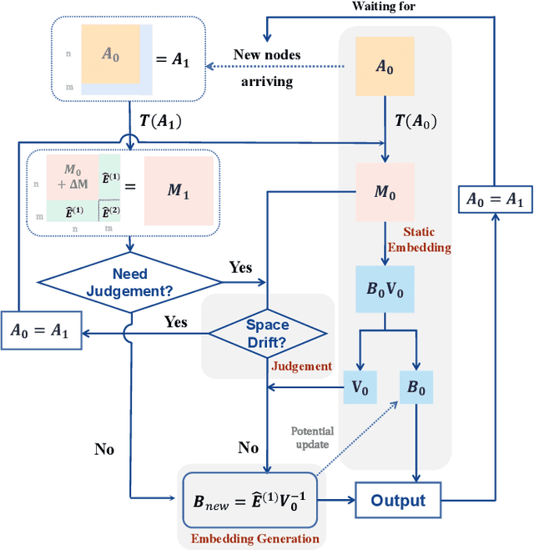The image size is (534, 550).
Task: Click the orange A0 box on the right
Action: pos(384,67)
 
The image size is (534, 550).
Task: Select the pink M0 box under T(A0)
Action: pos(384,192)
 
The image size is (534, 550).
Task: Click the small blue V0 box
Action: pos(360,386)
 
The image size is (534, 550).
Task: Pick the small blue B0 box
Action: pos(415,386)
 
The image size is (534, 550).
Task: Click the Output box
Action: pos(398,501)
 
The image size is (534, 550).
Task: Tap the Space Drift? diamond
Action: pos(266,333)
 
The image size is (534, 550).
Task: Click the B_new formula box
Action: pos(252,501)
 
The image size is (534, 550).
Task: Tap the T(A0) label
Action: pos(415,121)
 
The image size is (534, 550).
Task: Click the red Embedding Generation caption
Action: pos(255,538)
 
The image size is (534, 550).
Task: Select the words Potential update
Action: pos(312,438)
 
